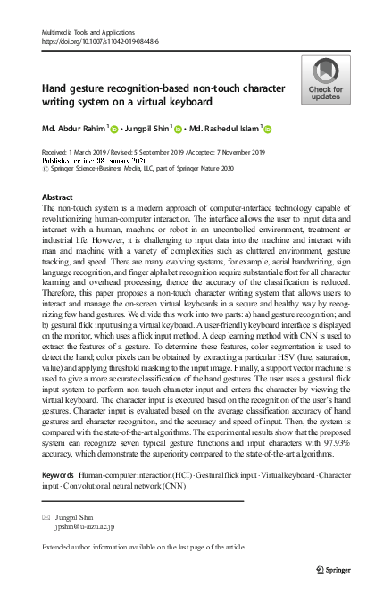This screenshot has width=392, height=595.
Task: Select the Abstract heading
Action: pyautogui.click(x=58, y=197)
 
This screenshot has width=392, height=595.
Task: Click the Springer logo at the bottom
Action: pyautogui.click(x=333, y=568)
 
